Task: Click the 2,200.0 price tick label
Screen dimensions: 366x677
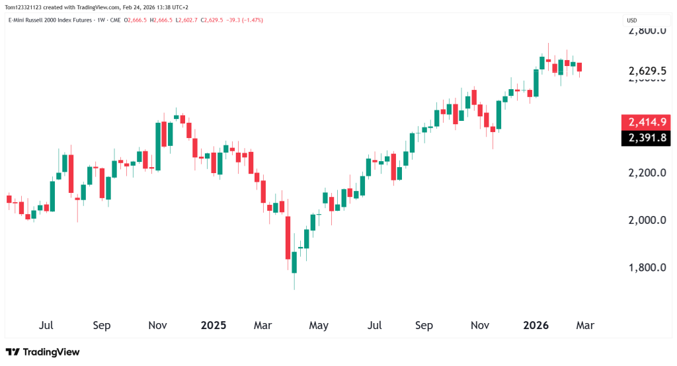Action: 646,173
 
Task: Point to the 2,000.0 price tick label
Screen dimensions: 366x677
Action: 646,220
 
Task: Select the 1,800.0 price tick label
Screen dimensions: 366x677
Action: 646,268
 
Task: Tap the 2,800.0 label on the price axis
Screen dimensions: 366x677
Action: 646,31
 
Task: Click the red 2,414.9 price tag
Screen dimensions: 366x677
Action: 646,122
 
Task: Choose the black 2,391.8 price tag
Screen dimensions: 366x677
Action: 646,138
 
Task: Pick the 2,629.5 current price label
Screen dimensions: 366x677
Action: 646,71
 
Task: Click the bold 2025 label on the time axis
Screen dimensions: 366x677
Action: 214,326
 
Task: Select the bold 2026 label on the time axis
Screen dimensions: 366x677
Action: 536,326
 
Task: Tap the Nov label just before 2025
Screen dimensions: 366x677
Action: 157,326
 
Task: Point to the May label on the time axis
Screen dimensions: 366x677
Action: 319,326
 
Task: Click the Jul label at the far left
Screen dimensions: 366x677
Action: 46,326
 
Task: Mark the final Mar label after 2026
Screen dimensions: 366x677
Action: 585,326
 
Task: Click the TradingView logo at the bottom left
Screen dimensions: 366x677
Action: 42,352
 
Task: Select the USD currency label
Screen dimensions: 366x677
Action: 632,20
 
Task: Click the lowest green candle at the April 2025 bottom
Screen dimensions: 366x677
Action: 294,262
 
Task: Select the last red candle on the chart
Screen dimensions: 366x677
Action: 580,67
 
